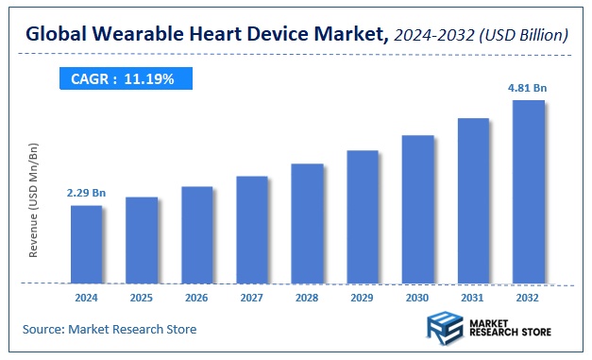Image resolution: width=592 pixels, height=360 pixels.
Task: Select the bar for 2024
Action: point(86,244)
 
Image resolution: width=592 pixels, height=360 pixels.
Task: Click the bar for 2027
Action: point(252,230)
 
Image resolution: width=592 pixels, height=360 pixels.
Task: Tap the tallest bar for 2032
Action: point(528,192)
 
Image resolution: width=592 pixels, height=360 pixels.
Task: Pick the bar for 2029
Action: point(363,216)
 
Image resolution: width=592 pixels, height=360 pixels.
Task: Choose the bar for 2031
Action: point(473,200)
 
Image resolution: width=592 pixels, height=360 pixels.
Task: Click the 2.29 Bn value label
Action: point(86,193)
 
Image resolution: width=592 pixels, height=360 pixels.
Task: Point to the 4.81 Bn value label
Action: point(528,88)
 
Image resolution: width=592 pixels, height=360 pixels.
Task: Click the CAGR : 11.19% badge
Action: point(123,79)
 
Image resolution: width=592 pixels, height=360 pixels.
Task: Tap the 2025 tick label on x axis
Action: point(142,297)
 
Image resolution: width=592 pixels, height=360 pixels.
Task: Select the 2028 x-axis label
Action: point(307,297)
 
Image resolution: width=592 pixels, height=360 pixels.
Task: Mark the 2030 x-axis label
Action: point(417,297)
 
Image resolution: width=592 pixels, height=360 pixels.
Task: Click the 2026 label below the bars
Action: point(196,297)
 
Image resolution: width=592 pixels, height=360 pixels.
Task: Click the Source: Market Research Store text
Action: point(110,329)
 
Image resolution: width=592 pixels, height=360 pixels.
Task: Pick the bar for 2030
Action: point(417,209)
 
